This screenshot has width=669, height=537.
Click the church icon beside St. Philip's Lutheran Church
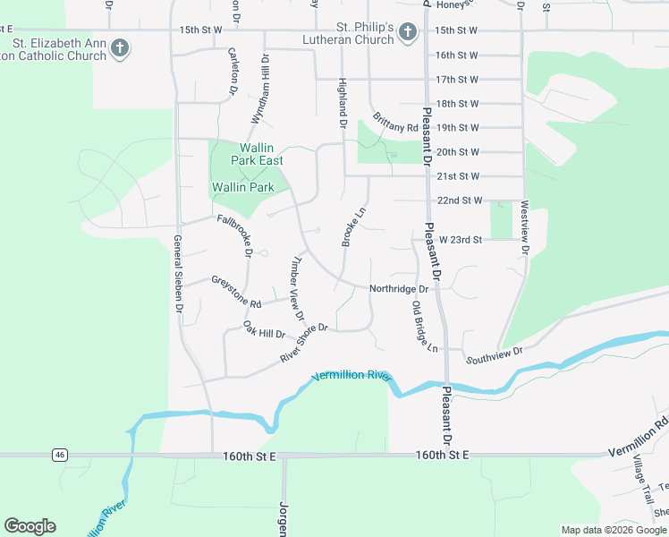click(407, 34)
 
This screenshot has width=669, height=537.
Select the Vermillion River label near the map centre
click(351, 375)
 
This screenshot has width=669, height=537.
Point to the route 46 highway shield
click(59, 455)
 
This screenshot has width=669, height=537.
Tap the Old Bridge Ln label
click(425, 325)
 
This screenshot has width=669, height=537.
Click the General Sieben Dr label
click(179, 273)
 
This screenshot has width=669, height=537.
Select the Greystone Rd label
click(236, 293)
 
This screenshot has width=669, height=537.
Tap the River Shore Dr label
click(305, 344)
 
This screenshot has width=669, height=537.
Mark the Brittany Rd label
click(395, 122)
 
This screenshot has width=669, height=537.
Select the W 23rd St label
click(460, 240)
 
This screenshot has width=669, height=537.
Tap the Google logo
click(30, 526)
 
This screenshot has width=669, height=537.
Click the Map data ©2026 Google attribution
click(614, 530)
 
